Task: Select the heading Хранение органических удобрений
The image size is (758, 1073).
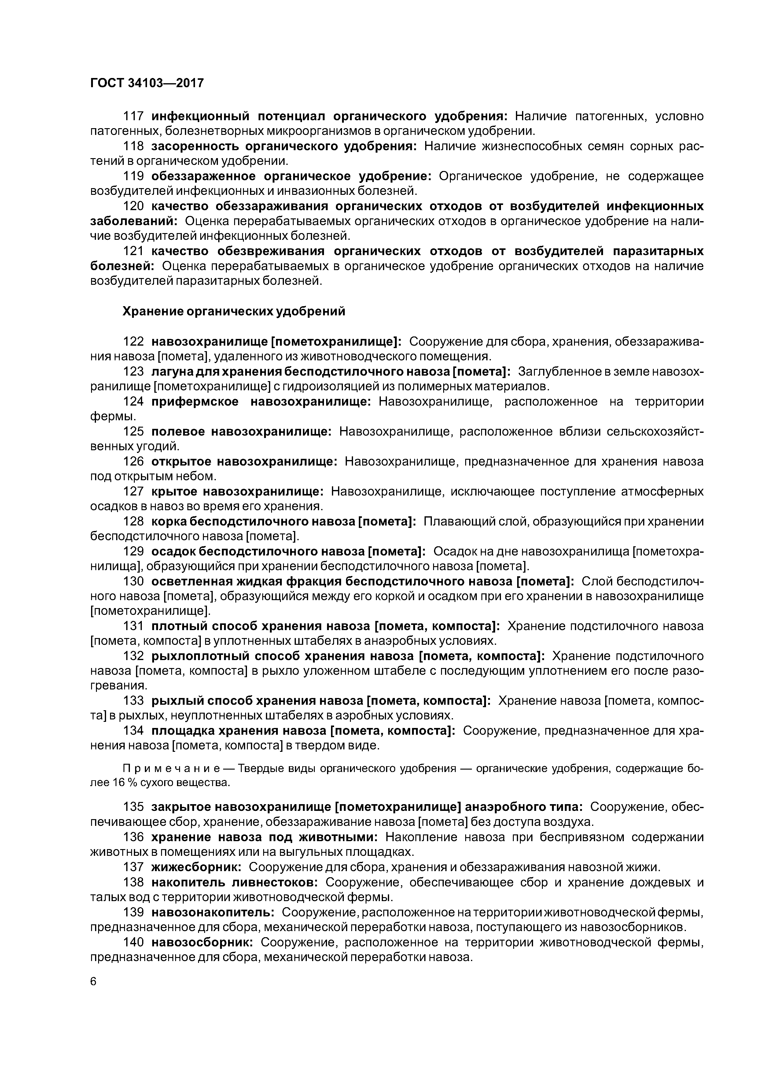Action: pos(234,312)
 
